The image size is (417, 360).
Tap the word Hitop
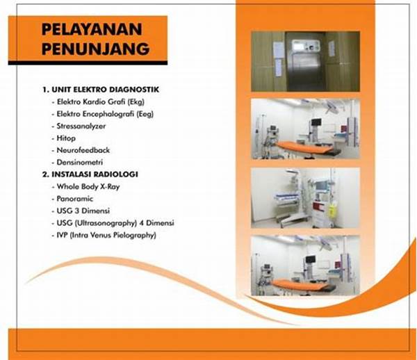tap(63, 138)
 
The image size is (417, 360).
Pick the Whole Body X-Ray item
tap(84, 186)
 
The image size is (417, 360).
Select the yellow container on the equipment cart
tap(332, 208)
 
